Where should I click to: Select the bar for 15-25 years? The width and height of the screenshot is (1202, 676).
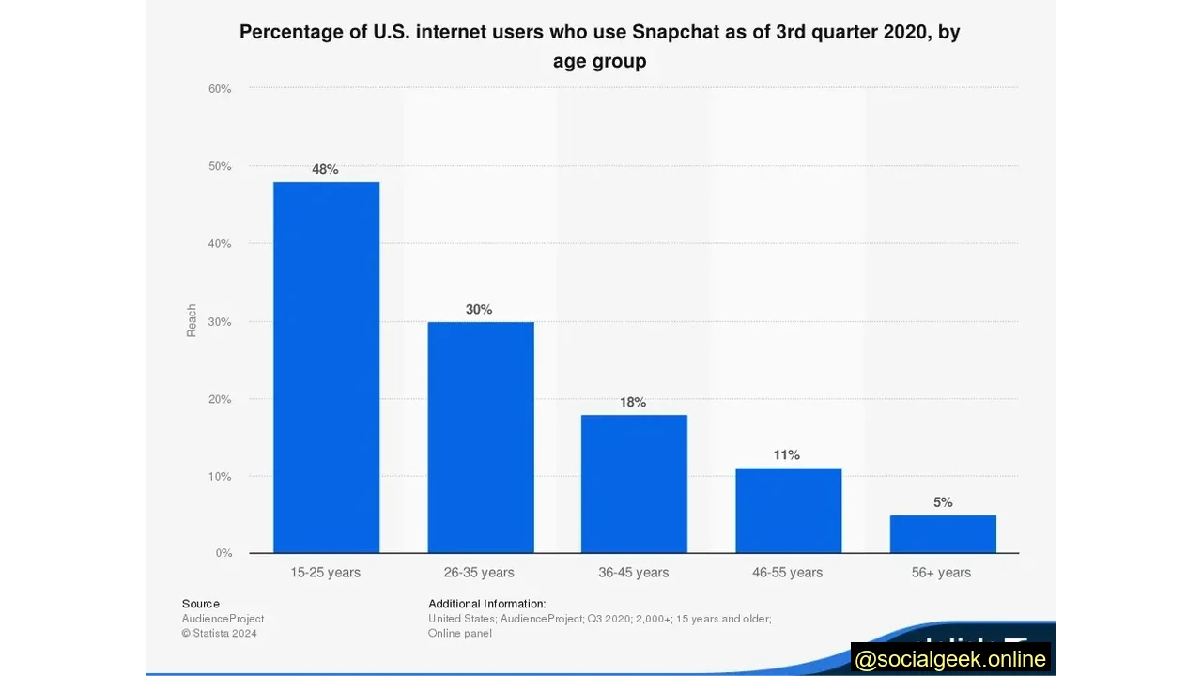point(326,367)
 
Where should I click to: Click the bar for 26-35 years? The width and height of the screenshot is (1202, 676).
point(480,437)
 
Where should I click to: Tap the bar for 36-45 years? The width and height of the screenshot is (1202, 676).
point(634,484)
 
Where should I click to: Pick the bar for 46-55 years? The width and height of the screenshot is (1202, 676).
point(788,510)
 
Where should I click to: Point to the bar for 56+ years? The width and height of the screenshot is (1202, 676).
point(943,533)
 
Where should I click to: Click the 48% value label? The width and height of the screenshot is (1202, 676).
point(325,169)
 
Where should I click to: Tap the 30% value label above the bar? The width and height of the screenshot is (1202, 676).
point(479,309)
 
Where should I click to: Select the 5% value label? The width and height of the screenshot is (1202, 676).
point(943,502)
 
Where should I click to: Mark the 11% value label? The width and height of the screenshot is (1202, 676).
point(787,454)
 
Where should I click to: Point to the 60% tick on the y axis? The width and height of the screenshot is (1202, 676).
point(220,89)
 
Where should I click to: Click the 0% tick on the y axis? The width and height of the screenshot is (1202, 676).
point(223,553)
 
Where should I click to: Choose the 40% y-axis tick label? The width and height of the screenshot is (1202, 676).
point(220,244)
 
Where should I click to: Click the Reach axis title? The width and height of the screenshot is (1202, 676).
point(192,320)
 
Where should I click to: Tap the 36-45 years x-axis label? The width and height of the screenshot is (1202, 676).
point(634,572)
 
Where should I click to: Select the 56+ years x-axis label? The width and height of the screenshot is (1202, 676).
point(941,572)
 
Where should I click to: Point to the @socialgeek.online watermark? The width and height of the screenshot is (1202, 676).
point(950,659)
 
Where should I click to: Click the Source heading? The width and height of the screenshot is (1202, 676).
point(201,604)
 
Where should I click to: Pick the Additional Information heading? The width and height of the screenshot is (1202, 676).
point(486,604)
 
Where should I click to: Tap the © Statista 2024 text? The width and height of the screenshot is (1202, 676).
point(220,633)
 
